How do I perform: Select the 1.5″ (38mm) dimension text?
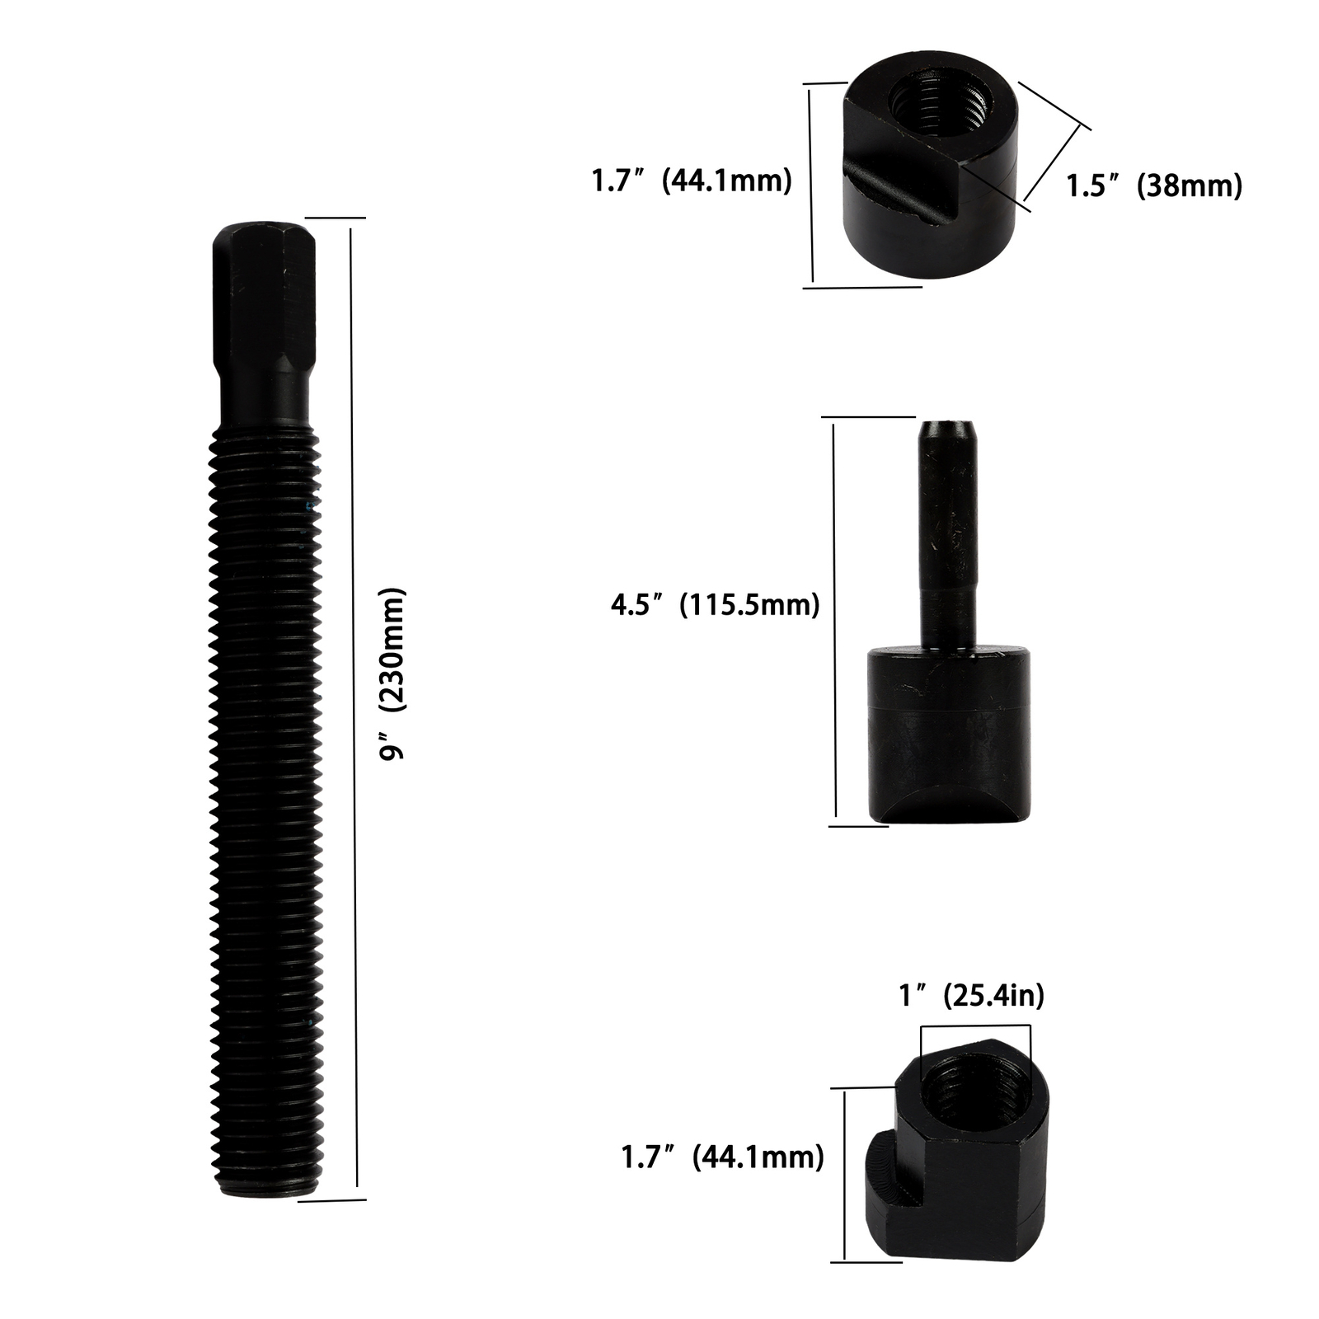(x=1154, y=185)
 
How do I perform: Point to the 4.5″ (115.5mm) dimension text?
(x=715, y=605)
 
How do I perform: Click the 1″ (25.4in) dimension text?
(x=971, y=996)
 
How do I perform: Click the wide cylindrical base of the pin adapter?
(x=948, y=734)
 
